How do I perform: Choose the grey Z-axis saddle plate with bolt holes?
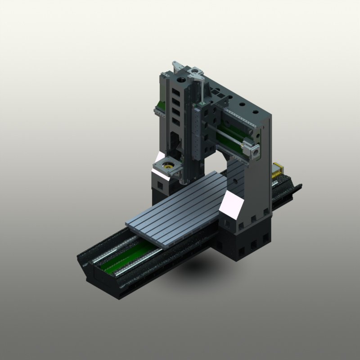pyautogui.click(x=198, y=130)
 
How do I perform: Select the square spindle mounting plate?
pyautogui.click(x=168, y=167)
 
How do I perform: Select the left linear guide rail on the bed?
pyautogui.click(x=110, y=256)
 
